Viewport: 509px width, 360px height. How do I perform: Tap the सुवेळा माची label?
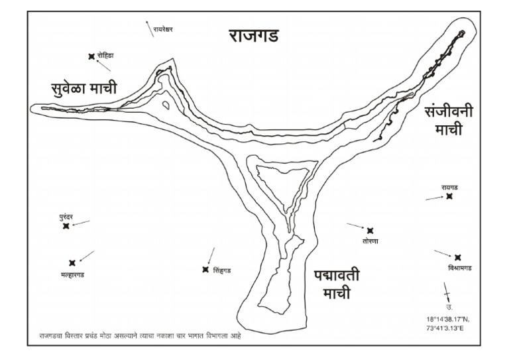84,88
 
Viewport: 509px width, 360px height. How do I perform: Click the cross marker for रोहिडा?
91,57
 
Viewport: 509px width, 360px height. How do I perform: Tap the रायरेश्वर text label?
163,29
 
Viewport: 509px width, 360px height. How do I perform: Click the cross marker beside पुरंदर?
66,226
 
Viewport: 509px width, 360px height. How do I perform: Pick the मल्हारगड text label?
72,274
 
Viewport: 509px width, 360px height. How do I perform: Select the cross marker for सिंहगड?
205,269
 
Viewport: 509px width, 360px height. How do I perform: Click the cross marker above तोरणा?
370,230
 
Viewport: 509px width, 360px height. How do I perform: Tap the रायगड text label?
450,188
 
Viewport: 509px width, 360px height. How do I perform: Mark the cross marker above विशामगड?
457,257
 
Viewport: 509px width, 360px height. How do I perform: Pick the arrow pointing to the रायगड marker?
435,198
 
